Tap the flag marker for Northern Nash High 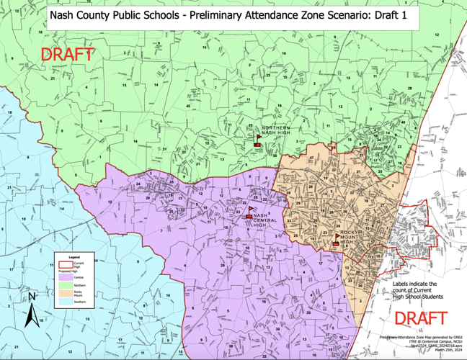pyautogui.click(x=258, y=140)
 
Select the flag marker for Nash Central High pyautogui.click(x=249, y=212)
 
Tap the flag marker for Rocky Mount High pyautogui.click(x=337, y=239)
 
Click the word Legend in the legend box pyautogui.click(x=74, y=257)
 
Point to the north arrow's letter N pyautogui.click(x=31, y=296)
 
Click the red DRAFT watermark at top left pyautogui.click(x=67, y=54)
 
